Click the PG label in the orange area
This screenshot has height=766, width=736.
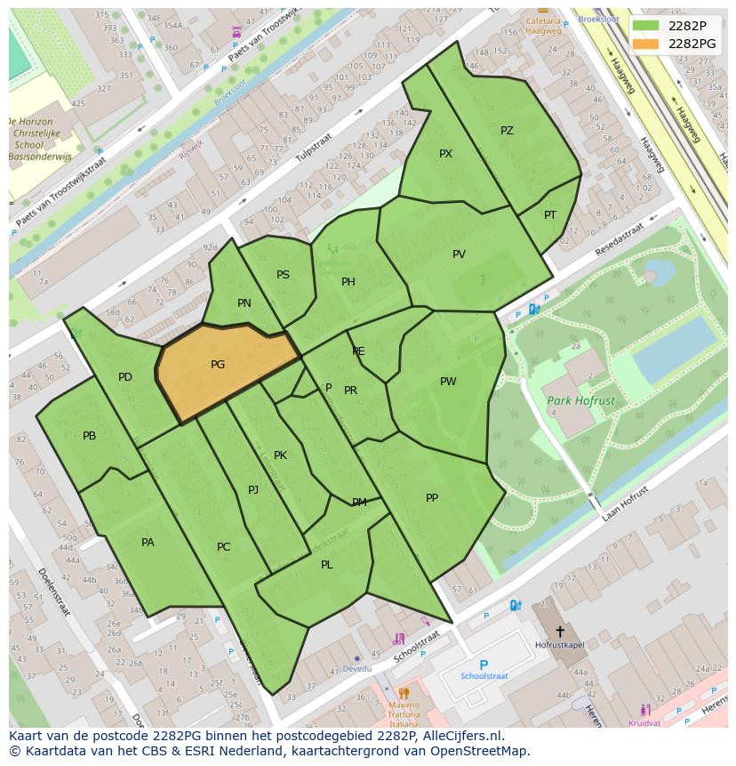pyautogui.click(x=218, y=365)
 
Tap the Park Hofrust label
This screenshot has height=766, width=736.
pyautogui.click(x=580, y=401)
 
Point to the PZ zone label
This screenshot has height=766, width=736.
pyautogui.click(x=507, y=131)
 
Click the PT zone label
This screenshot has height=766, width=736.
pyautogui.click(x=550, y=215)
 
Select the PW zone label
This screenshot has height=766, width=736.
pyautogui.click(x=448, y=382)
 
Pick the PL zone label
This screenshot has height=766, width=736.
pyautogui.click(x=327, y=565)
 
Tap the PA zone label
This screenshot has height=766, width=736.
pyautogui.click(x=148, y=543)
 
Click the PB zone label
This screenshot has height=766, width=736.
pyautogui.click(x=89, y=436)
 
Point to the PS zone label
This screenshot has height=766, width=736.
pyautogui.click(x=283, y=275)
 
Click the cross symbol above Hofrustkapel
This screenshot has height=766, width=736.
pyautogui.click(x=559, y=631)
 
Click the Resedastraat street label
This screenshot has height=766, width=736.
pyautogui.click(x=619, y=241)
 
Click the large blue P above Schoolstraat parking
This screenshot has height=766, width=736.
pyautogui.click(x=484, y=665)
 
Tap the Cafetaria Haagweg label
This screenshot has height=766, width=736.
pyautogui.click(x=543, y=25)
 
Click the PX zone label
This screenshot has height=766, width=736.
pyautogui.click(x=445, y=154)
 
